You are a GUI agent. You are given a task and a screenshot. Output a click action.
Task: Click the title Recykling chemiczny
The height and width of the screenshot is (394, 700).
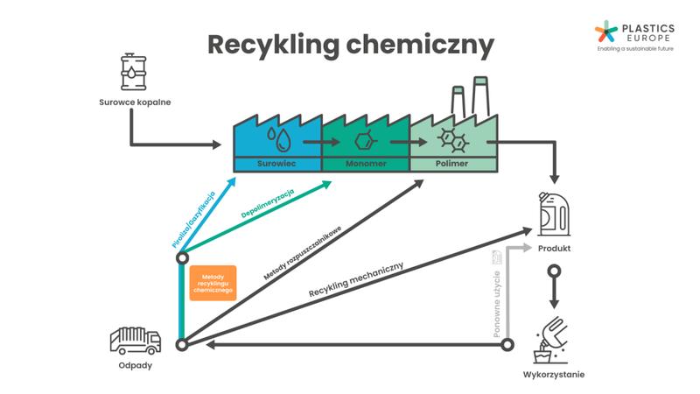pos(350,45)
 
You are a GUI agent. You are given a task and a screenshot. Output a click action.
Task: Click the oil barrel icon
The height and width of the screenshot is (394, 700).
pos(134,72)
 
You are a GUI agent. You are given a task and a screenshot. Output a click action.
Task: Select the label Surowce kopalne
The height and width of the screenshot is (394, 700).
pos(134,102)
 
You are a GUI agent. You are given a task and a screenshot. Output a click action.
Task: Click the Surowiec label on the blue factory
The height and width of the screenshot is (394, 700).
pos(276,164)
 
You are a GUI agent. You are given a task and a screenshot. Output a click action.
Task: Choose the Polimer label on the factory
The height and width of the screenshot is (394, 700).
pos(451,164)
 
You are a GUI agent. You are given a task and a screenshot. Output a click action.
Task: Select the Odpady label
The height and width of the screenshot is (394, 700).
pos(134,365)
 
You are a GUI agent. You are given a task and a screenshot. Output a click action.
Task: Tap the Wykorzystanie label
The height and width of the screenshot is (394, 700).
pos(554,375)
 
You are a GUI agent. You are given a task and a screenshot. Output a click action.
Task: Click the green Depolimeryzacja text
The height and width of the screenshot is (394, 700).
pos(268,201)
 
